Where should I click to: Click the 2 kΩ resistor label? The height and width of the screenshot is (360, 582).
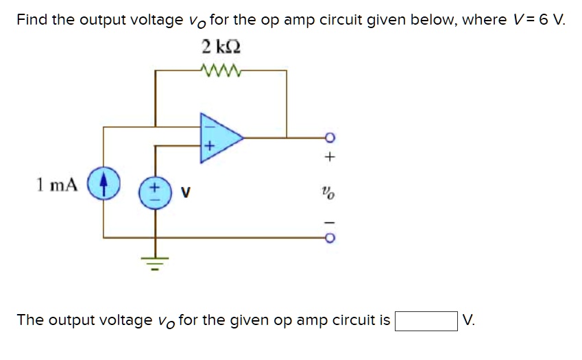tap(221, 47)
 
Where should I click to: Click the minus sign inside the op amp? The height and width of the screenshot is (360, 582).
tap(210, 125)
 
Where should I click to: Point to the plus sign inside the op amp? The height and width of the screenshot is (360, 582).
tap(210, 147)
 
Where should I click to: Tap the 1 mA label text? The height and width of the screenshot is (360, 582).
tap(58, 184)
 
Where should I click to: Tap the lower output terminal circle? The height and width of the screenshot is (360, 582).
tap(330, 238)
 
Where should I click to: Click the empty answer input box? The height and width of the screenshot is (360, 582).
tap(425, 320)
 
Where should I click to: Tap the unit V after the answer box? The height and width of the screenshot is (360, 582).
tap(468, 320)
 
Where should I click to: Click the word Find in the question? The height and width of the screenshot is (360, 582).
tap(32, 19)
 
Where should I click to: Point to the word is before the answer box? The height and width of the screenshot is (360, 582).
tap(384, 320)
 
